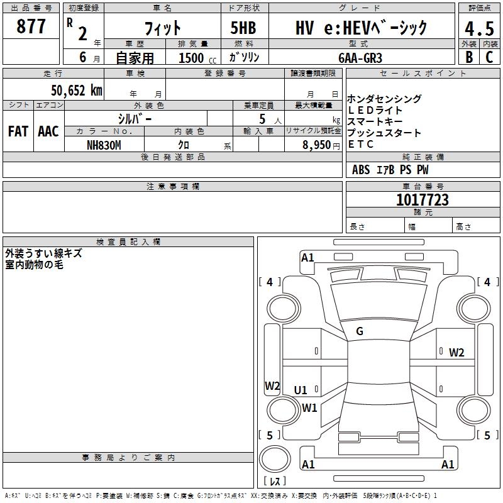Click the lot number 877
tap(31, 27)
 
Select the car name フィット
tap(162, 28)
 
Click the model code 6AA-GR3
tap(360, 57)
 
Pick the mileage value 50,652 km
tap(72, 91)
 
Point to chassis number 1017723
tap(422, 200)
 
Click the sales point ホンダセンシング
tap(384, 99)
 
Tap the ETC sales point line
tap(361, 144)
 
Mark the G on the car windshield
tap(360, 331)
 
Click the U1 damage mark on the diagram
tap(301, 390)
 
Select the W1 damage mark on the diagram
tap(309, 407)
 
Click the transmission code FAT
tap(18, 131)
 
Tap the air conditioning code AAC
tap(48, 131)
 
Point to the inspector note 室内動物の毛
tap(34, 265)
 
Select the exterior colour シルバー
tap(135, 118)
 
